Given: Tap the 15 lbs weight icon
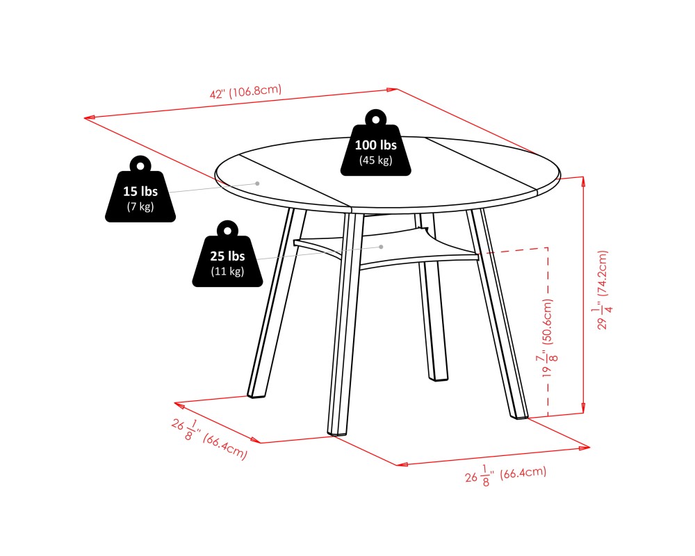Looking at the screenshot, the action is (140, 189).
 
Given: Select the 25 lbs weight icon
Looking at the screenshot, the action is (227, 254).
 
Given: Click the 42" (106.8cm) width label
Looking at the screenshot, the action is (245, 92).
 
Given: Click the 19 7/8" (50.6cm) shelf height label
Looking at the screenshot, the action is (548, 338).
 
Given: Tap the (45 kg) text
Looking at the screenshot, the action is (375, 160).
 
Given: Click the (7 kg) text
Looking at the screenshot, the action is (140, 206).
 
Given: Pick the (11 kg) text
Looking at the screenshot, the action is (227, 271).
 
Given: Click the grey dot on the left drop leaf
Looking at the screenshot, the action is (257, 183).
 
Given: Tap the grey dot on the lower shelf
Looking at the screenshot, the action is (381, 247).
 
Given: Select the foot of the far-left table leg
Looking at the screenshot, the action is (256, 393).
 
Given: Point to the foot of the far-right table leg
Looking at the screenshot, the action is (518, 415).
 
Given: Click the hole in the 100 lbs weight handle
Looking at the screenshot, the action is (376, 120).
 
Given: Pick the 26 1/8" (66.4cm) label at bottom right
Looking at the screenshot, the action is (506, 475).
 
